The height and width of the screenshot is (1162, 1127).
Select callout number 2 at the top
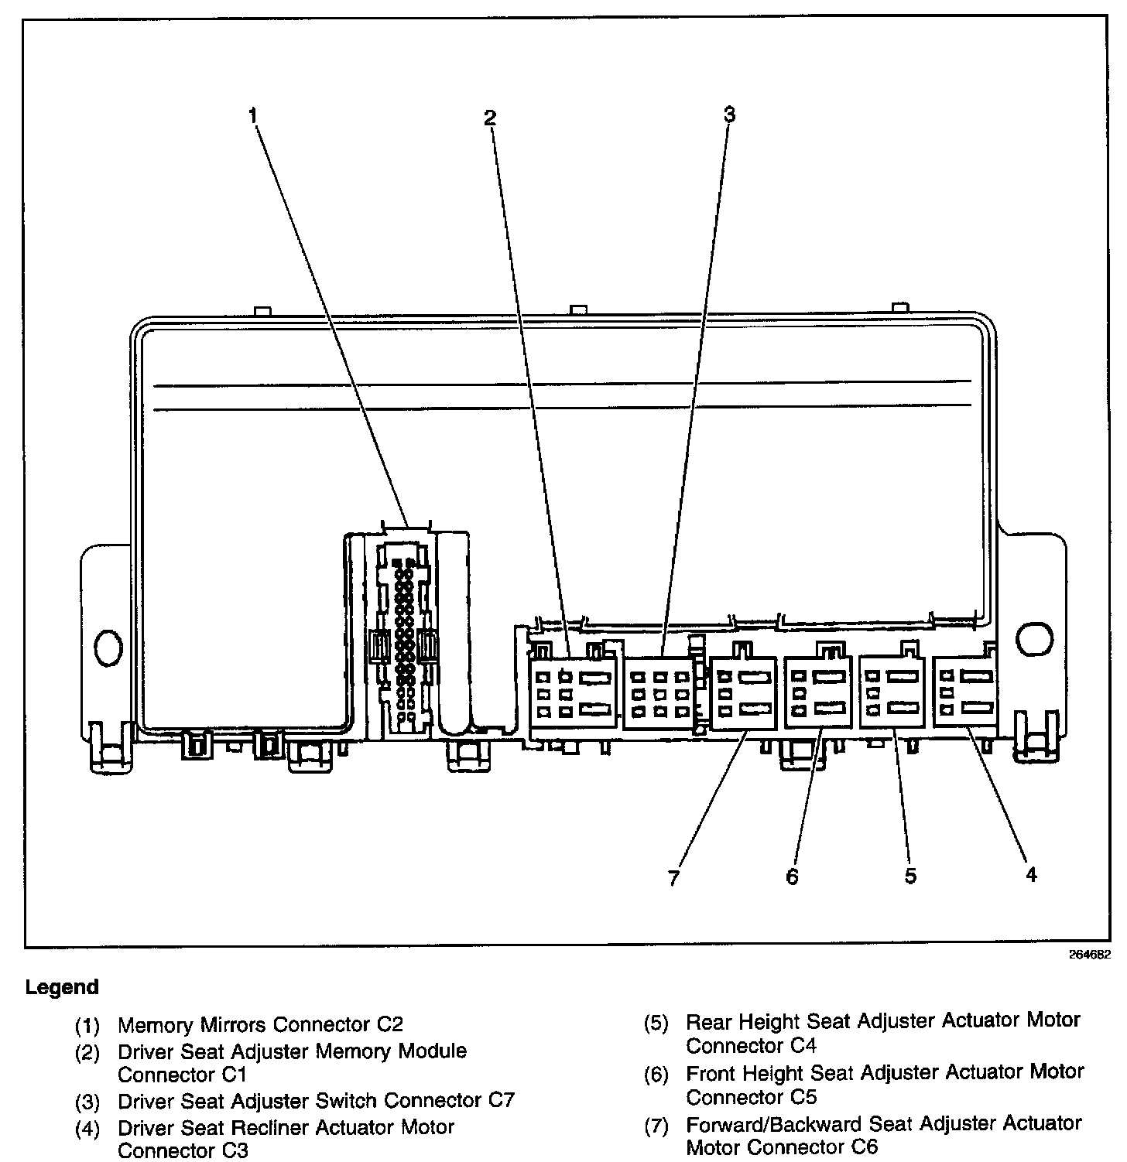coord(489,118)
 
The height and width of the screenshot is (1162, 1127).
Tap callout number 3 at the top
coord(728,114)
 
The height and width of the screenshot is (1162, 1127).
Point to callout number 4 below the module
coord(1030,874)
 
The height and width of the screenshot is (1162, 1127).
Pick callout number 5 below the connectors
coord(910,876)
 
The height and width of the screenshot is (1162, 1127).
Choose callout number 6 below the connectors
coord(792,877)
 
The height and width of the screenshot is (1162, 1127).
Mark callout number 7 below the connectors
coord(673,878)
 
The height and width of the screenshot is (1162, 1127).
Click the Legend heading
coord(62,987)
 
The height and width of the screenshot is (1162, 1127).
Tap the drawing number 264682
coord(1090,955)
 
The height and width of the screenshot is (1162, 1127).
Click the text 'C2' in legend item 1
coord(390,1024)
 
